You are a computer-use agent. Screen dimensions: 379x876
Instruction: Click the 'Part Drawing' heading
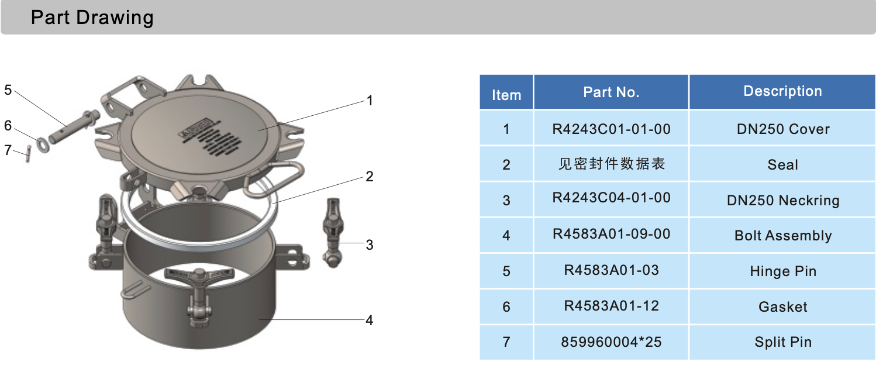coord(92,18)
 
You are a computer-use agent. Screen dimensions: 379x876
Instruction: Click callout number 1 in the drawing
coord(370,101)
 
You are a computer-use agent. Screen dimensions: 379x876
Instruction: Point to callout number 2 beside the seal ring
coord(370,176)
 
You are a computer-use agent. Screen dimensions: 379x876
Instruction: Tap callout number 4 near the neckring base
coord(370,320)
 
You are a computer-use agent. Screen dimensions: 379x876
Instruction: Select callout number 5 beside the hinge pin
coord(8,90)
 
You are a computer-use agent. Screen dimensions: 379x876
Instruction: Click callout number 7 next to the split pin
coord(8,150)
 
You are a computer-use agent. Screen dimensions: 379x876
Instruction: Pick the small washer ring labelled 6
coord(43,143)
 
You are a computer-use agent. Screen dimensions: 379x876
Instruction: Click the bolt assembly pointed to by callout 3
coord(333,231)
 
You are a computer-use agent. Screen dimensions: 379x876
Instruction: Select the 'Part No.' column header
coord(611,92)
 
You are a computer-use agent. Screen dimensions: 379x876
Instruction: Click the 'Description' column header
coord(782,91)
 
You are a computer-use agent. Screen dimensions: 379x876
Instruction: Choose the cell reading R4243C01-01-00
coord(611,129)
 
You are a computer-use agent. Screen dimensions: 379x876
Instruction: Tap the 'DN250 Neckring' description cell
coord(782,201)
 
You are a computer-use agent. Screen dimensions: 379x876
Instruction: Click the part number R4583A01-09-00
coord(611,235)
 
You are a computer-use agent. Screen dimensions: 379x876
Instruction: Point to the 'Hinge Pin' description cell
coord(782,271)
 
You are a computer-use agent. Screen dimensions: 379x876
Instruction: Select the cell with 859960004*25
coord(611,342)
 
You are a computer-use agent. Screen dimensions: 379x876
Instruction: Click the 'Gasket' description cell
coord(782,307)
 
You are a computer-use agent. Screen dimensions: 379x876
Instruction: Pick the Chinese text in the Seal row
coord(611,164)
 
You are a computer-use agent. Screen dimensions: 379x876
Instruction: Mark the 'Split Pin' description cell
coord(782,342)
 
